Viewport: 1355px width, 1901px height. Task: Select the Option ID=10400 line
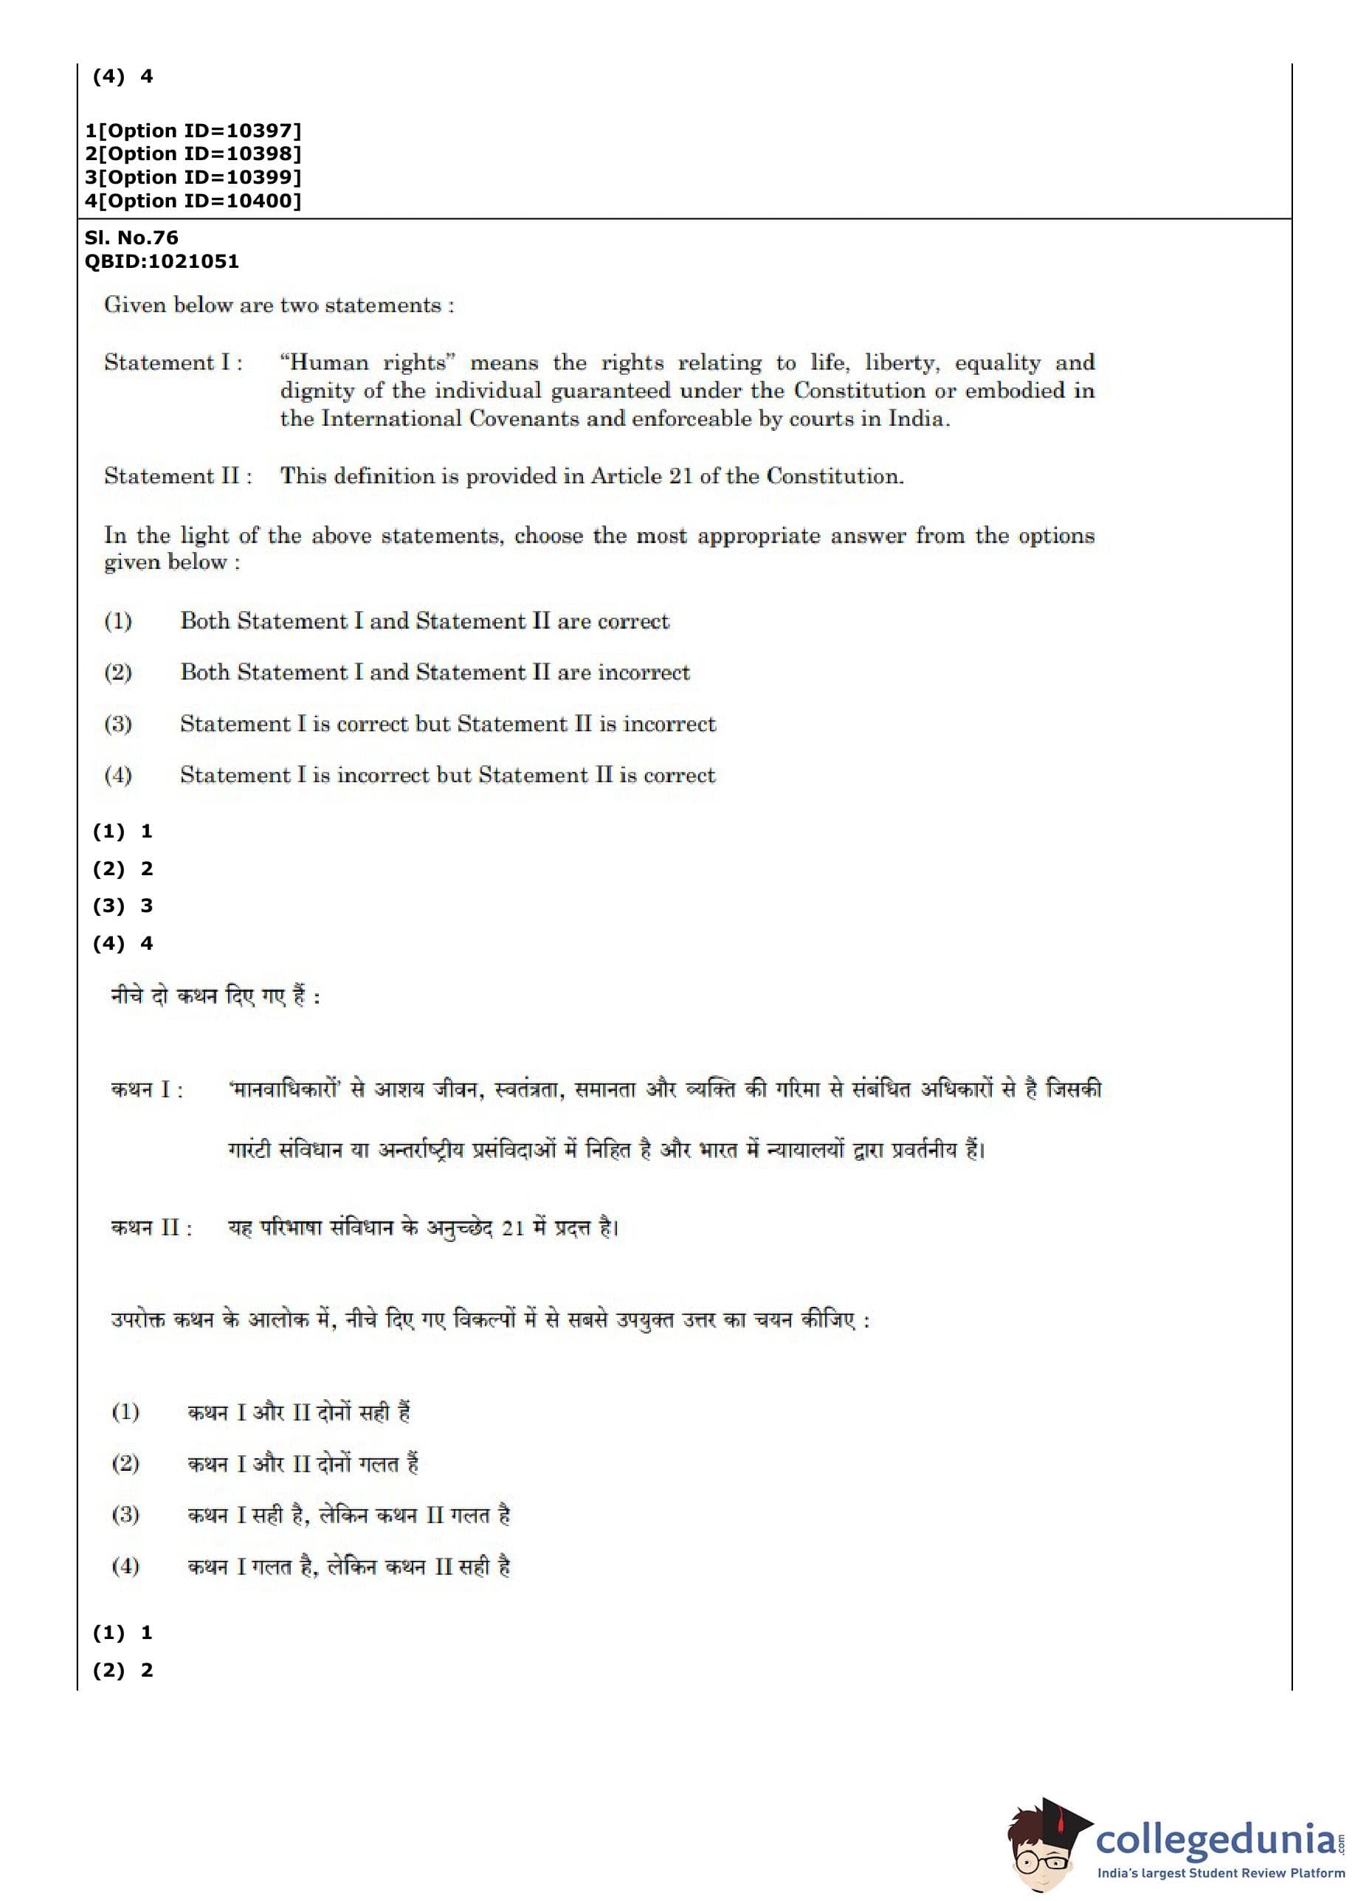(x=193, y=201)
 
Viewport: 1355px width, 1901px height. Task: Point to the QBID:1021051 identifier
(x=161, y=261)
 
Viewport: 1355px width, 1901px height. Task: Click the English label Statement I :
(x=173, y=363)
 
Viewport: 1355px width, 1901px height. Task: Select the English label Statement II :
(x=178, y=476)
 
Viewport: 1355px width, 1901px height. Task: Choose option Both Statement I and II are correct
(x=424, y=621)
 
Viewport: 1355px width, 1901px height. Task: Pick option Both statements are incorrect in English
(x=435, y=672)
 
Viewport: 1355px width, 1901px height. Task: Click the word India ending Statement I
(x=915, y=418)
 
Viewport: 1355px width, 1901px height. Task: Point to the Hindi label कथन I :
(x=147, y=1090)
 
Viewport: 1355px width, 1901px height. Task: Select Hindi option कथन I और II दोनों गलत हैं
(x=303, y=1464)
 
